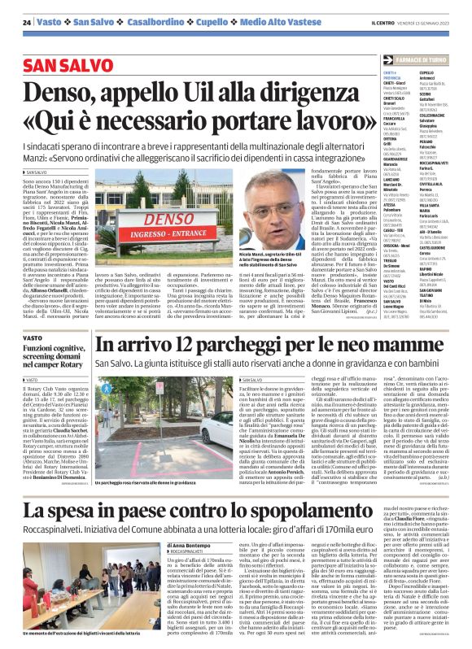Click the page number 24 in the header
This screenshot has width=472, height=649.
(x=28, y=21)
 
